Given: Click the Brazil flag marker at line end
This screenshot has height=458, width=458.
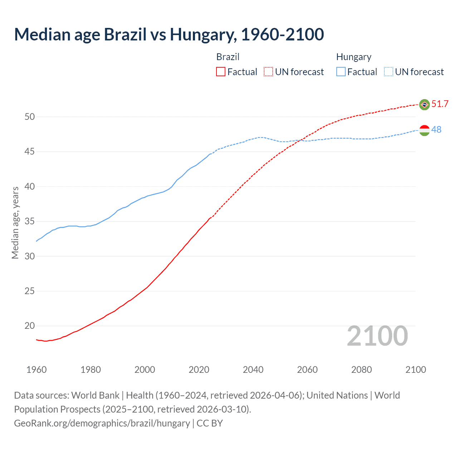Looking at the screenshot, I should [x=424, y=104].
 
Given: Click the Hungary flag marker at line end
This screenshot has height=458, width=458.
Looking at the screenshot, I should [x=424, y=130].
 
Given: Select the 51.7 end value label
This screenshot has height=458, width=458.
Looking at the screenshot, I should [x=440, y=104].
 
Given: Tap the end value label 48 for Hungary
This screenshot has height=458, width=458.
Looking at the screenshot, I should [x=436, y=130].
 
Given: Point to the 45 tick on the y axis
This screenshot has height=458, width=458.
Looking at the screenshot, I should [x=30, y=152].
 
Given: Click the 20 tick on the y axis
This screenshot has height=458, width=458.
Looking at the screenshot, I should [x=30, y=326].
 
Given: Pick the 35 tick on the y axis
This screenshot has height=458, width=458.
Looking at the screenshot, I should [x=30, y=221].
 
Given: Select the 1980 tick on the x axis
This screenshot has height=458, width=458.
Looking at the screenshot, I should [x=91, y=370].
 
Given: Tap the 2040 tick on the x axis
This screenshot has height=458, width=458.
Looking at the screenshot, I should [x=253, y=370].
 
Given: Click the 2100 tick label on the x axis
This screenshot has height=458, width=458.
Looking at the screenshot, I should [x=415, y=370].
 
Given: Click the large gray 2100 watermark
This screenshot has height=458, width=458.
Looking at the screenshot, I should [x=377, y=336].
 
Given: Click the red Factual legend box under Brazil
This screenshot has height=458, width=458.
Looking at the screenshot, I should [x=221, y=72].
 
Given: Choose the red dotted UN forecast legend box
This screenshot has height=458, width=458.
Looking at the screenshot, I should [x=268, y=72].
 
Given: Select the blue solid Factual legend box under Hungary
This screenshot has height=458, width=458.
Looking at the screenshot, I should [x=341, y=72].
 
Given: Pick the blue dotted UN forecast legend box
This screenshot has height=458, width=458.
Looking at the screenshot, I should [x=388, y=72].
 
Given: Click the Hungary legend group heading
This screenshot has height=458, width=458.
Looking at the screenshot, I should [x=354, y=57].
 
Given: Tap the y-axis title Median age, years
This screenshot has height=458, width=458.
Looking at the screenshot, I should [x=15, y=223].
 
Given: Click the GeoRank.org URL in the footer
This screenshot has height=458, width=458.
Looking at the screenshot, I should [x=102, y=423].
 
